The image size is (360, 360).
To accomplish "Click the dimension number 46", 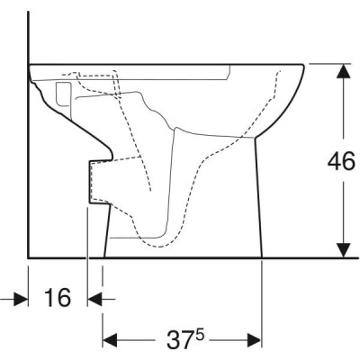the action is point(341,163).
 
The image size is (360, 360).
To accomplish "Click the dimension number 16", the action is point(58,298).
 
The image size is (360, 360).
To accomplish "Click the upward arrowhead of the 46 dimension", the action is point(343,71).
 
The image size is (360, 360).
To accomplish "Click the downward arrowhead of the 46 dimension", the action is point(343,250).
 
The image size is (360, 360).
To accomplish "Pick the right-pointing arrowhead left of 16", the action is point(21,299).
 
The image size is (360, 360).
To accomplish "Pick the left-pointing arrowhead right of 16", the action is point(94,299).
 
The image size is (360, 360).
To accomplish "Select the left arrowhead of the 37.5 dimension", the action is point(110,340).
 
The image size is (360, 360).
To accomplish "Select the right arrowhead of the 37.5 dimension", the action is point(255,340).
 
